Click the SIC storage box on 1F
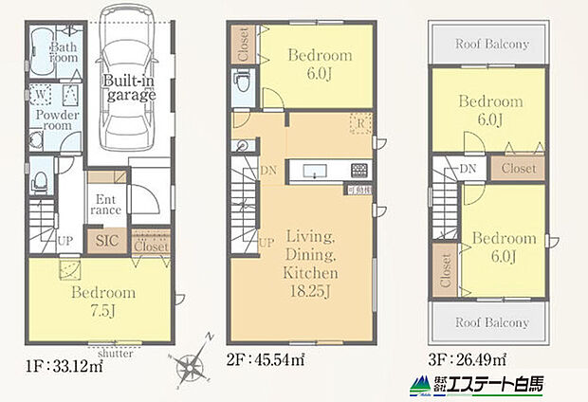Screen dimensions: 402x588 click(x=108, y=242)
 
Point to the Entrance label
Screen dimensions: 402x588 click(x=106, y=205)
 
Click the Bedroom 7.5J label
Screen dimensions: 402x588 click(x=103, y=301)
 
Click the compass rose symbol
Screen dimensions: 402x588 click(x=193, y=365)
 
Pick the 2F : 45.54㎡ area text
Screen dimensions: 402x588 click(x=266, y=361)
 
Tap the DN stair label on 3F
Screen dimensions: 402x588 click(x=469, y=169)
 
